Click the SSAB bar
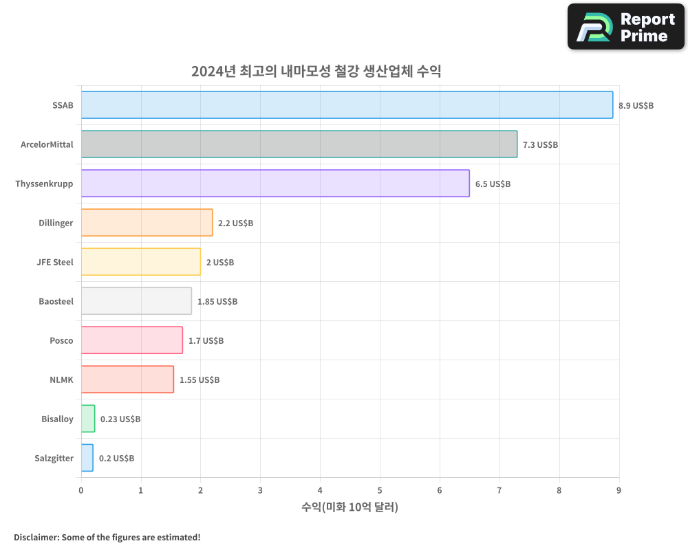tap(347, 105)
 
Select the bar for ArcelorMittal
tap(299, 144)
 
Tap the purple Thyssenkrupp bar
tap(275, 184)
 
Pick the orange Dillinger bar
tap(147, 223)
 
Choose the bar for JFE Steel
tap(140, 262)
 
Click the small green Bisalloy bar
tap(88, 419)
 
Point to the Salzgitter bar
tap(87, 458)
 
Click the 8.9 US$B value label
tap(636, 106)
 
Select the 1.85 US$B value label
tap(217, 302)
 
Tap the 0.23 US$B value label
tap(120, 419)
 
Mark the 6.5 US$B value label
tap(493, 184)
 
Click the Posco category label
tap(61, 341)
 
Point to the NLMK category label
tap(61, 380)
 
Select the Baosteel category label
tap(56, 302)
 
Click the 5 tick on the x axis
tap(380, 490)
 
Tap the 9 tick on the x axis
tap(619, 490)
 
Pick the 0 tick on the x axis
tap(81, 490)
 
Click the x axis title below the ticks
tap(350, 507)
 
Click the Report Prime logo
tap(625, 27)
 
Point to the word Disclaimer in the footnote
tap(35, 537)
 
